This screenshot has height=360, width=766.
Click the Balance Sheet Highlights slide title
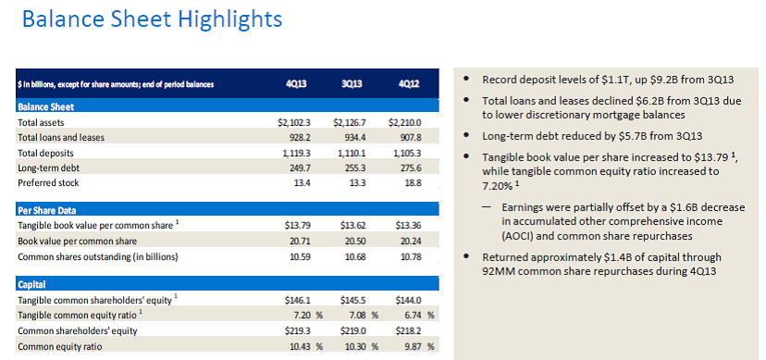153,19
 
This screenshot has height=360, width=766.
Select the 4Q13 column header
297,84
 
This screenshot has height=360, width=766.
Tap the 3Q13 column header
352,84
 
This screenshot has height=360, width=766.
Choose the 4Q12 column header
408,84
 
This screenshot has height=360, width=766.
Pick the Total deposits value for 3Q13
352,154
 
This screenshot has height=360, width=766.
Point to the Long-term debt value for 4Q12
411,168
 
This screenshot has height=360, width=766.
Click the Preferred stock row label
48,183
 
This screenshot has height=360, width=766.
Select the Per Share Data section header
47,210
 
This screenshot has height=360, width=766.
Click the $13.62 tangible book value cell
353,226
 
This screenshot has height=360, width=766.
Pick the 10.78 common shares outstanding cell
411,256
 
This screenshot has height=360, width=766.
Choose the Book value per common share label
77,242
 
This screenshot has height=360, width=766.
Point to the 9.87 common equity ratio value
413,346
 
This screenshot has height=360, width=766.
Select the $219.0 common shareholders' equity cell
353,330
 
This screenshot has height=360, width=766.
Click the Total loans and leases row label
60,138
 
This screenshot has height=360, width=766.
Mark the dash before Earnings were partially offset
487,207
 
